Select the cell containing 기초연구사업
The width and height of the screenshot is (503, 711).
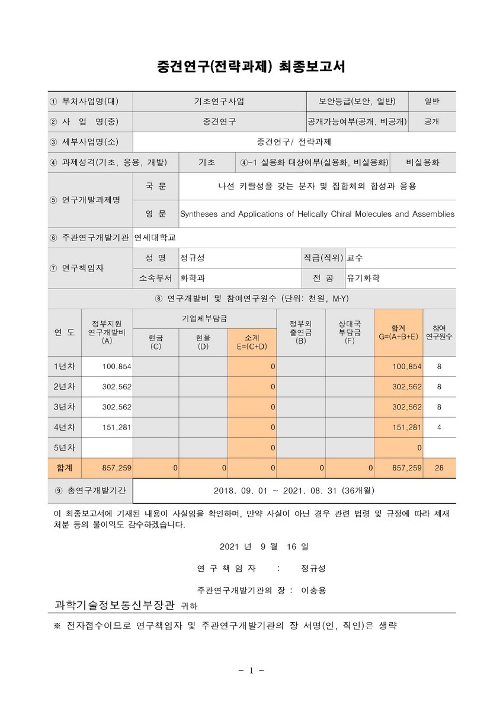tap(219, 101)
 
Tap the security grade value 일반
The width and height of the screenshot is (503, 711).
tap(431, 101)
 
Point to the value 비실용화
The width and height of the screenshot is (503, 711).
tap(422, 162)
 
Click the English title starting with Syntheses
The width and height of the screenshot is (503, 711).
tap(317, 213)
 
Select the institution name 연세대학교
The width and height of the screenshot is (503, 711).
tap(155, 238)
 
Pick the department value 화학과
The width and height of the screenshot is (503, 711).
tap(193, 278)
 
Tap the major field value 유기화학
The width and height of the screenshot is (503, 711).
tap(363, 278)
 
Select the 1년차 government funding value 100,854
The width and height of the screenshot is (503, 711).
tap(117, 367)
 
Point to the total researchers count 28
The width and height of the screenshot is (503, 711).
tap(439, 467)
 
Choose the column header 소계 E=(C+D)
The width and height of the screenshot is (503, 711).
tap(252, 341)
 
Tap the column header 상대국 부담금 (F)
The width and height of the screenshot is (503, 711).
tap(350, 332)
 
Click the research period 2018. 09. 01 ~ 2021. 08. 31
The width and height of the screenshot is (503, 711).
tap(294, 491)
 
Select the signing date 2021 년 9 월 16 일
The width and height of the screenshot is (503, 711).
tap(264, 546)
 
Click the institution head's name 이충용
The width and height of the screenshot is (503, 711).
tap(313, 590)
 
